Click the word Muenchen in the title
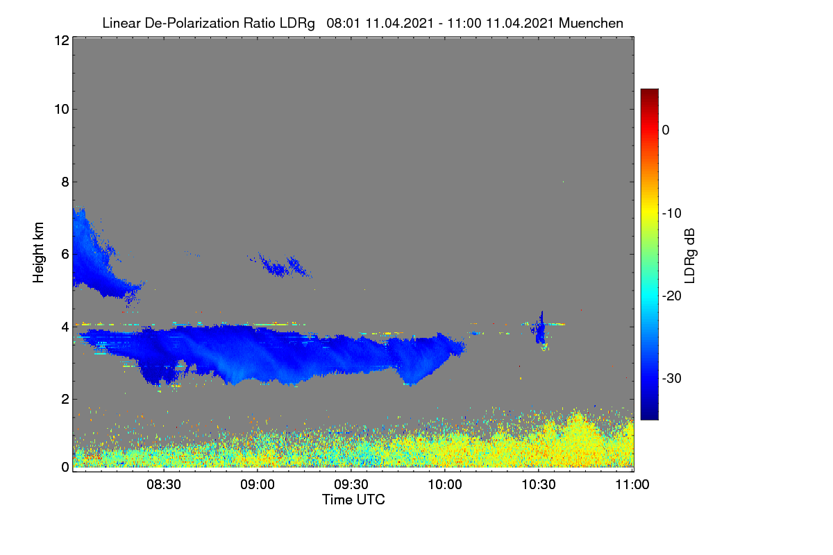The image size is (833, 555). click(x=591, y=23)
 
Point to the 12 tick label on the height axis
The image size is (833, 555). click(x=62, y=40)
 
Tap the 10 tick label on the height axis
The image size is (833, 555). click(x=62, y=110)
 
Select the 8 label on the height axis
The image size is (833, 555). click(x=65, y=182)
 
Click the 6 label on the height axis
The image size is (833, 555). click(x=65, y=255)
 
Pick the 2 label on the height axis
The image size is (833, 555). click(x=65, y=399)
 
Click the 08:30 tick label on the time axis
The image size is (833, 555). click(x=164, y=484)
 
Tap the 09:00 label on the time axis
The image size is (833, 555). click(x=258, y=484)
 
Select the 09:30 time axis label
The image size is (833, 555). click(x=351, y=484)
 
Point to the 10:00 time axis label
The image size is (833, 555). click(x=445, y=484)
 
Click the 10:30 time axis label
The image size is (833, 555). click(x=539, y=484)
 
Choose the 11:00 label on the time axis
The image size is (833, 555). click(x=632, y=484)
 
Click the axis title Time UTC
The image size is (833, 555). click(x=353, y=499)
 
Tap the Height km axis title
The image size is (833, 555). click(x=38, y=253)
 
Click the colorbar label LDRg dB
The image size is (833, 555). click(x=690, y=256)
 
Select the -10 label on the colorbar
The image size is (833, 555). click(x=672, y=214)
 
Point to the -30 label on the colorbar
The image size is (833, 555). click(x=672, y=378)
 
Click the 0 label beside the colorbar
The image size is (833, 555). click(x=666, y=130)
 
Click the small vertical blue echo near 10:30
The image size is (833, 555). click(x=541, y=330)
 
